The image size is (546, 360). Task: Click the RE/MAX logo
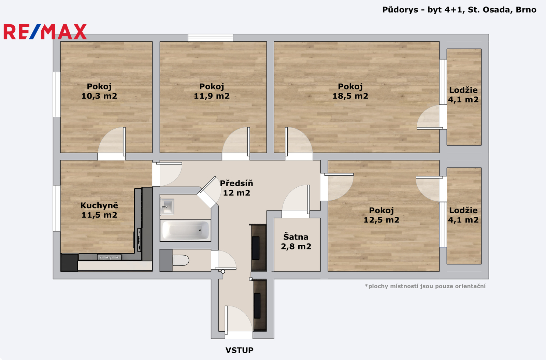point(45,32)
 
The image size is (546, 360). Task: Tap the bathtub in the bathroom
point(185,230)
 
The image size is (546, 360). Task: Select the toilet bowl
point(181,260)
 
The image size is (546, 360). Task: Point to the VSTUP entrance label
point(239,350)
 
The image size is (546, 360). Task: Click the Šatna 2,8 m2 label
point(296,242)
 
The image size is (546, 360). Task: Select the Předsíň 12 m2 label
point(236,188)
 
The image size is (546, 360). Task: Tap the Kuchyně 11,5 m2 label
point(99,210)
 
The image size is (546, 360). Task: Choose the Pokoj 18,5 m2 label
point(350,91)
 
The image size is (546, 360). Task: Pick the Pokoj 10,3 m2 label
point(99,91)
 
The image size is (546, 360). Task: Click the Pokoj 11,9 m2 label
point(212,91)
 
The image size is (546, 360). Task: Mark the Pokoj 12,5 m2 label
point(382,215)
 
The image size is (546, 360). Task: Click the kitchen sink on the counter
point(109,257)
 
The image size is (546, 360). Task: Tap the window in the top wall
point(211,38)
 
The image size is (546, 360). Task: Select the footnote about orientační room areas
point(425,286)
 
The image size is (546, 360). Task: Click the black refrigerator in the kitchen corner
point(69,262)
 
